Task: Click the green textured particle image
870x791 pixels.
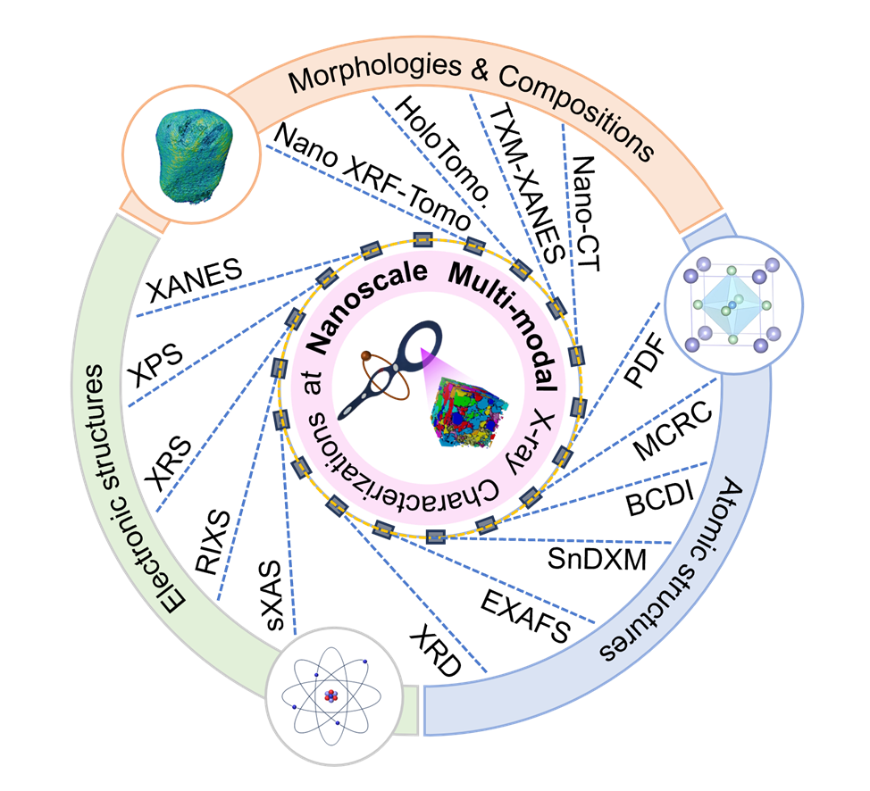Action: (190, 156)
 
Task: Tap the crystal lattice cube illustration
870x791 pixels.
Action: (733, 304)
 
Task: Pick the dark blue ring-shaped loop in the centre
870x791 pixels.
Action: (420, 348)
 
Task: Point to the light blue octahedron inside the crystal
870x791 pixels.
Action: (732, 305)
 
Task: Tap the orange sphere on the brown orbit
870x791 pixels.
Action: (366, 357)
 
